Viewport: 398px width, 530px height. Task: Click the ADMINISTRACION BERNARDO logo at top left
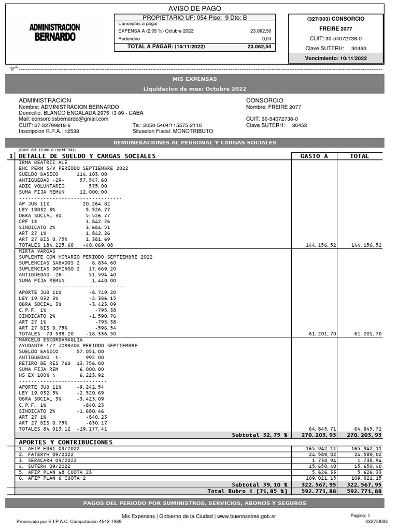pos(54,32)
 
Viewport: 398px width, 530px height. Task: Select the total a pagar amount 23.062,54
pos(259,47)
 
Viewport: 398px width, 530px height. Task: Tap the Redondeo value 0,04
pos(266,39)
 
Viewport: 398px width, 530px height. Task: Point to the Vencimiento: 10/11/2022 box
pos(335,58)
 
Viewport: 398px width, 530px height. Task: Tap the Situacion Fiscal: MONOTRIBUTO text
pos(173,131)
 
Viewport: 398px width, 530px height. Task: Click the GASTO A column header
pos(314,156)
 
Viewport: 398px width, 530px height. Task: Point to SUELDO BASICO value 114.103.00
pos(91,174)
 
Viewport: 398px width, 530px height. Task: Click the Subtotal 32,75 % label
pos(260,435)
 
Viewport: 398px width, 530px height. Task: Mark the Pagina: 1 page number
pos(360,516)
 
